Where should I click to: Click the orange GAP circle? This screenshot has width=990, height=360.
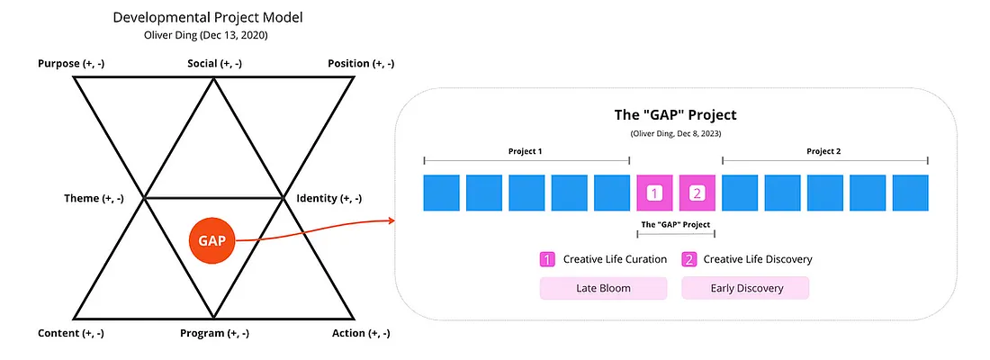tap(211, 240)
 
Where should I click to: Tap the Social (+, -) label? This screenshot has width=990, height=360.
tap(215, 63)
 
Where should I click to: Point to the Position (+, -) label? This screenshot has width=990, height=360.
tap(361, 63)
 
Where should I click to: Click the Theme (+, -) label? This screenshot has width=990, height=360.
tap(94, 198)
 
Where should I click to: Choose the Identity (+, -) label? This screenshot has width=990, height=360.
tap(328, 198)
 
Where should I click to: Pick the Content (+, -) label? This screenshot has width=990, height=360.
tap(71, 333)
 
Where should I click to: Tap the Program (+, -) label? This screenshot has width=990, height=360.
tap(215, 333)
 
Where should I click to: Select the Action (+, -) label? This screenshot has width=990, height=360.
tap(361, 333)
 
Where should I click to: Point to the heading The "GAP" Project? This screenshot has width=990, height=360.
tap(676, 115)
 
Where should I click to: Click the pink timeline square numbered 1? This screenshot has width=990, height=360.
tap(655, 193)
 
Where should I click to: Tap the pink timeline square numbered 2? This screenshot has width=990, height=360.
tap(697, 193)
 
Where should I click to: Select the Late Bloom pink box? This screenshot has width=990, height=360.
tap(603, 288)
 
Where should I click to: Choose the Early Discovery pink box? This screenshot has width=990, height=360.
tap(745, 288)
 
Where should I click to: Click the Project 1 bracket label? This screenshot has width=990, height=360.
tap(526, 151)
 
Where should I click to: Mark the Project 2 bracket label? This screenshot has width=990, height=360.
tap(823, 151)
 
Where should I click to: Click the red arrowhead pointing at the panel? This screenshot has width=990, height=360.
tap(391, 220)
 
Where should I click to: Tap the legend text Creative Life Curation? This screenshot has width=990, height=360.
tap(615, 259)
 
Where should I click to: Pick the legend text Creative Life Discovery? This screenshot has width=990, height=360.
tap(758, 259)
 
